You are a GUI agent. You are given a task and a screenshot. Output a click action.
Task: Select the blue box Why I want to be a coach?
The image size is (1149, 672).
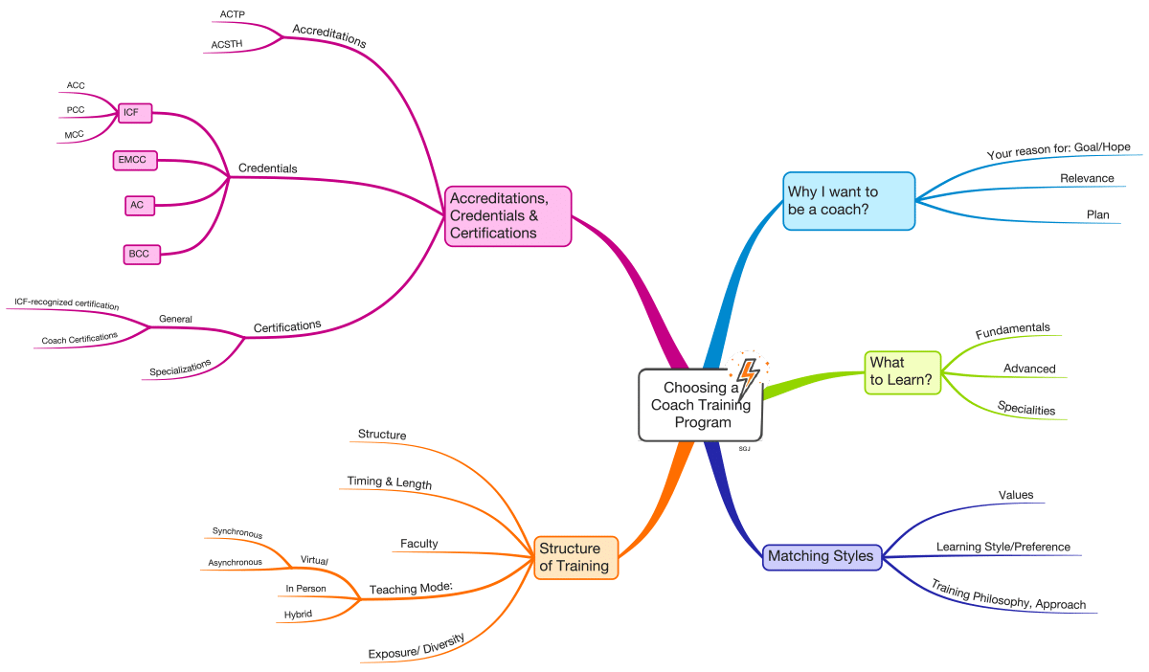tap(848, 201)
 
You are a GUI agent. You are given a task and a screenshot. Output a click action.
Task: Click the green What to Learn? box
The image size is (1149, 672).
tap(901, 371)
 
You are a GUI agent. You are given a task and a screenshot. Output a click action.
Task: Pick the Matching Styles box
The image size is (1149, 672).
tap(822, 556)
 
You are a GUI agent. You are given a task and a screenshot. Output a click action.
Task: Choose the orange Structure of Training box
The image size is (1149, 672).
tap(575, 557)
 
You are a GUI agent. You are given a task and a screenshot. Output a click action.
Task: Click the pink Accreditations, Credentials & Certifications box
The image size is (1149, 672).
tap(507, 215)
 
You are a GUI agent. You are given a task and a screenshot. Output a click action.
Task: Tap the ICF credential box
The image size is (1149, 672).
tap(132, 113)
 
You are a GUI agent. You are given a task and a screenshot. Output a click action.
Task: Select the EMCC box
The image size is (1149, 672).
tap(133, 160)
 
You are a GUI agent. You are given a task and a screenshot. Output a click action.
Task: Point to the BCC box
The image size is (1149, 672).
tap(142, 254)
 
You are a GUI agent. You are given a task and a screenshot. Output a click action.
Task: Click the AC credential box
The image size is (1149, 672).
tap(140, 205)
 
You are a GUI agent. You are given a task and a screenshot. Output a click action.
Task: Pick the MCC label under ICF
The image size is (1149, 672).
tap(75, 135)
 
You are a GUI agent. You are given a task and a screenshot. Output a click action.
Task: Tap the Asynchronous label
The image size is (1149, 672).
tap(236, 563)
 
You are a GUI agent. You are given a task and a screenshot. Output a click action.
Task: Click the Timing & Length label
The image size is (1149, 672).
tap(388, 483)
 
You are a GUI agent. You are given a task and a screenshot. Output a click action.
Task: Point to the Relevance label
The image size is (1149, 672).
tap(1087, 178)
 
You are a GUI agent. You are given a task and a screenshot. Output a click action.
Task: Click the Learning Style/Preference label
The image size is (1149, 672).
tap(1003, 547)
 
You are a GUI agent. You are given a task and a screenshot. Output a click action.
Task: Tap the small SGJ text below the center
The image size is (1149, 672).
tap(744, 448)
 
